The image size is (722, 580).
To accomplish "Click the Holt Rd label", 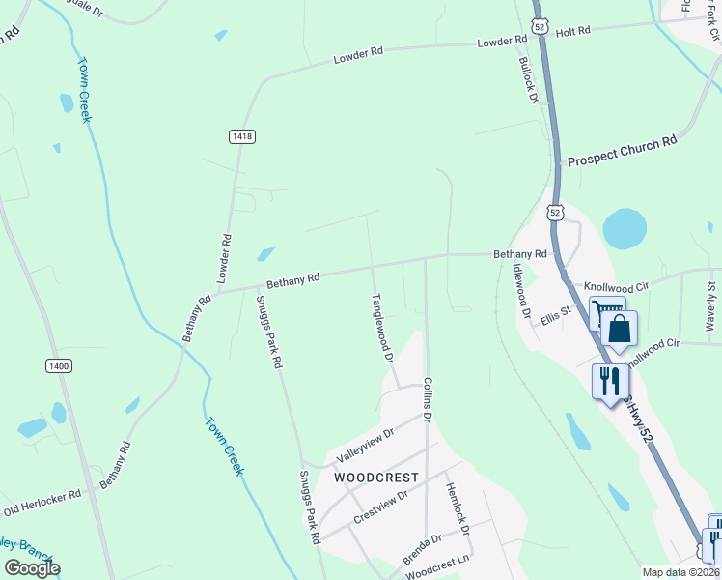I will click(572, 32).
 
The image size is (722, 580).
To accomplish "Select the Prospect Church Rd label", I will click(623, 150).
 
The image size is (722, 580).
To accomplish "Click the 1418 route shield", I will click(242, 137).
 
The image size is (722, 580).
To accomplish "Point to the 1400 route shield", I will click(59, 365).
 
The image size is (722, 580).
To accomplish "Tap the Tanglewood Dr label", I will click(382, 329).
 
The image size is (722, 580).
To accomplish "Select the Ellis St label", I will click(556, 314).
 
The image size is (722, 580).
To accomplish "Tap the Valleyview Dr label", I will click(365, 446).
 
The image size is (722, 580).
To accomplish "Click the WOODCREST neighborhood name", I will click(375, 478).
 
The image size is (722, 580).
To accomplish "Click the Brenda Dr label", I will click(423, 551).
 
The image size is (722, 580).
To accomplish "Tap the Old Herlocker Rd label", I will click(42, 502).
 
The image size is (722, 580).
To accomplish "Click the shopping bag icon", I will click(619, 329).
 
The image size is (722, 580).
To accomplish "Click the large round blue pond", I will click(625, 228).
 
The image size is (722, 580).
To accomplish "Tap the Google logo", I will click(32, 568).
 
